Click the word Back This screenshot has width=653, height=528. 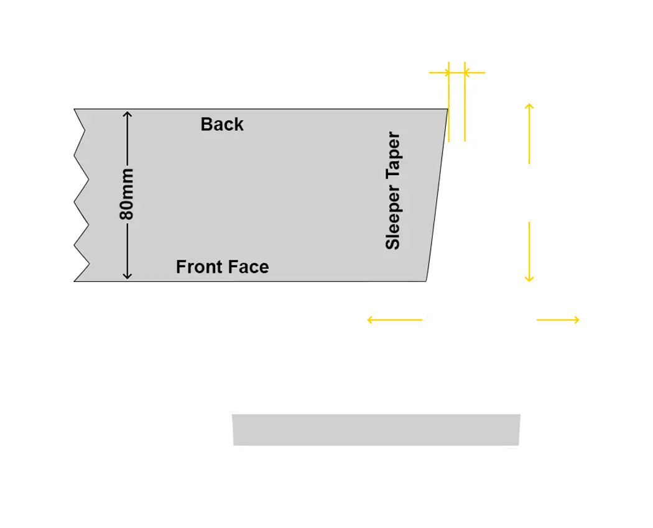click(x=222, y=124)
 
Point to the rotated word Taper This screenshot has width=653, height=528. click(x=392, y=156)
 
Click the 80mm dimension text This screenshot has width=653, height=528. click(x=126, y=194)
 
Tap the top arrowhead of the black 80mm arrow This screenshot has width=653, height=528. click(x=127, y=113)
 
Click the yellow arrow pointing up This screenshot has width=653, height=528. click(x=529, y=133)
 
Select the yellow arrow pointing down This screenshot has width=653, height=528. click(x=529, y=252)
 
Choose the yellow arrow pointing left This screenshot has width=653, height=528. click(x=395, y=319)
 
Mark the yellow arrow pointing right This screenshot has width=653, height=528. click(x=558, y=319)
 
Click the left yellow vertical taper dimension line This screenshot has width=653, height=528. click(x=448, y=102)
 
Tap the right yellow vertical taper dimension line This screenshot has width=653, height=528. click(x=465, y=102)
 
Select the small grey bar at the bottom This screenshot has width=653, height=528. click(x=376, y=430)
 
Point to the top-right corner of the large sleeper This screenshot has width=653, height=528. click(x=448, y=109)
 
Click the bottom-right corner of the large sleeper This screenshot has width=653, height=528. click(x=426, y=281)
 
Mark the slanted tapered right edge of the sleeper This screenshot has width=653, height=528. click(x=437, y=195)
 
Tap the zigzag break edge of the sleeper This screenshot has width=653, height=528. click(x=81, y=195)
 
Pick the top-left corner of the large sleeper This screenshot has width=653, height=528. click(x=74, y=109)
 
